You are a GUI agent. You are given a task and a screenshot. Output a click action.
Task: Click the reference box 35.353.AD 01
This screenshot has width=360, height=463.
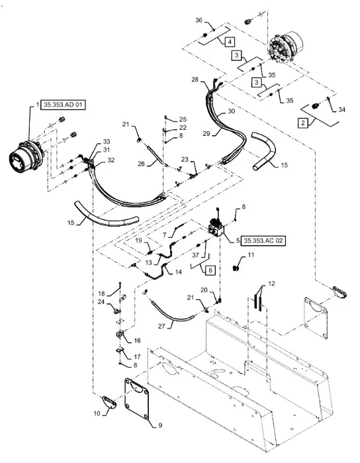(x=64, y=105)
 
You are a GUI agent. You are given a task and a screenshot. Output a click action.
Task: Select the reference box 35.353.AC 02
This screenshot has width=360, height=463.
(x=263, y=240)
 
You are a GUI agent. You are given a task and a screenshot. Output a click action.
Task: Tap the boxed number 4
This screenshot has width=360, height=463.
(x=230, y=42)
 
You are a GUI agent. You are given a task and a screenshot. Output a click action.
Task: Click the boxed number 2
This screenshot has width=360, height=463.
(x=303, y=123)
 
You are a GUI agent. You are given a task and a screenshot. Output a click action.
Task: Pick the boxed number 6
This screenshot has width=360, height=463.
(x=210, y=270)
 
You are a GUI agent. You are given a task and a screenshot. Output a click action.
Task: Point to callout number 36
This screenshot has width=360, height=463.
(x=199, y=20)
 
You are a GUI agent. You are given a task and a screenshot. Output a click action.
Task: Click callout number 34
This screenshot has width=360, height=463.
(x=341, y=109)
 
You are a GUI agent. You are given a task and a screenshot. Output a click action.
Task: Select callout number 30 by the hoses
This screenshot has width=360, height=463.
(x=232, y=111)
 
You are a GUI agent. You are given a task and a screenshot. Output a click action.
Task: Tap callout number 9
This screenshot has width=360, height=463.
(x=160, y=425)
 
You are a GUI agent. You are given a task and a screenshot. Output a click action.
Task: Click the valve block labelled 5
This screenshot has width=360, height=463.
(x=216, y=228)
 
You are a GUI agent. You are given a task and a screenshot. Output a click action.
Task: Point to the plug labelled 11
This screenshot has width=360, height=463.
(x=236, y=268)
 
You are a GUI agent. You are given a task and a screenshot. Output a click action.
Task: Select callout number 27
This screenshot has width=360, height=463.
(x=161, y=326)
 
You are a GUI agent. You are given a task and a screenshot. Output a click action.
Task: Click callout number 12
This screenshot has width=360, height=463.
(x=271, y=283)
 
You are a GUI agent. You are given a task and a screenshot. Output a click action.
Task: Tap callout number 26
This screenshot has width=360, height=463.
(x=142, y=164)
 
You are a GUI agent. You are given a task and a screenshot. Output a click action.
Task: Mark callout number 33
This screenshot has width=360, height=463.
(x=107, y=142)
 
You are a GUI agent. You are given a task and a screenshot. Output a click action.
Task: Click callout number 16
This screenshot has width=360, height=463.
(x=137, y=340)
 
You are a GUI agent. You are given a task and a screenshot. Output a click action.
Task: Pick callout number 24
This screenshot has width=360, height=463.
(x=101, y=302)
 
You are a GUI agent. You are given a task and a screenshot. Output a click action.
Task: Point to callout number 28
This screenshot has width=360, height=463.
(x=195, y=79)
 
